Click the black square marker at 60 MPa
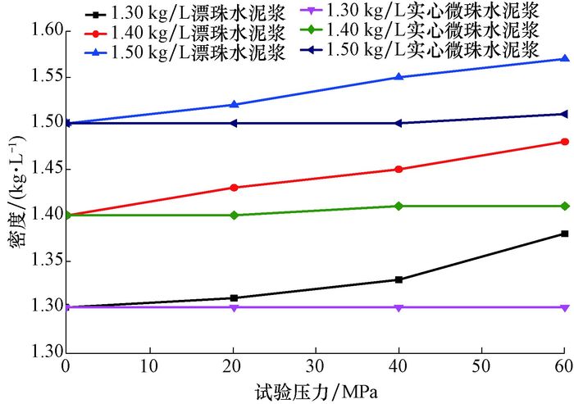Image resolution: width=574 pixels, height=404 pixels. (564, 234)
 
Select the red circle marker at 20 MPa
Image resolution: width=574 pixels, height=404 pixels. (234, 188)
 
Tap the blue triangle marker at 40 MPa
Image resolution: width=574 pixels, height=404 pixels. (399, 77)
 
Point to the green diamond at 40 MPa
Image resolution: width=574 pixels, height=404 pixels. (399, 206)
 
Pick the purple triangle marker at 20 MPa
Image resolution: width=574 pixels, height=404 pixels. (234, 307)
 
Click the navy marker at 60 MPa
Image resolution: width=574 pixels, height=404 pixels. (564, 114)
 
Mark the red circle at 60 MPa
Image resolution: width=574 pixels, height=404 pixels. (564, 142)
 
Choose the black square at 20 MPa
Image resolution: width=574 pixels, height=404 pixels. (234, 297)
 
